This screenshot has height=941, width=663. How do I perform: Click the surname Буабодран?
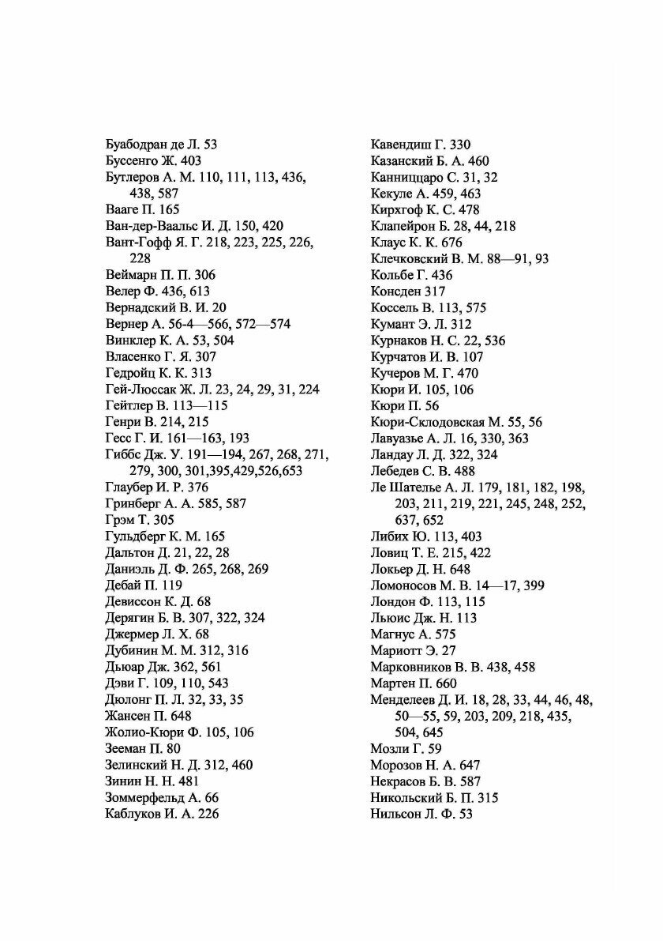point(136,145)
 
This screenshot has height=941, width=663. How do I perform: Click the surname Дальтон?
point(129,552)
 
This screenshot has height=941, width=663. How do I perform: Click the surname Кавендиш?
point(400,145)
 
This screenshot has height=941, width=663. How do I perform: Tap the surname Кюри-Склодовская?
point(419,422)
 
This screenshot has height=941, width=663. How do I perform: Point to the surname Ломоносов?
point(406,585)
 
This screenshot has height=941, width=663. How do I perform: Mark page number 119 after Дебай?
point(171,585)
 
